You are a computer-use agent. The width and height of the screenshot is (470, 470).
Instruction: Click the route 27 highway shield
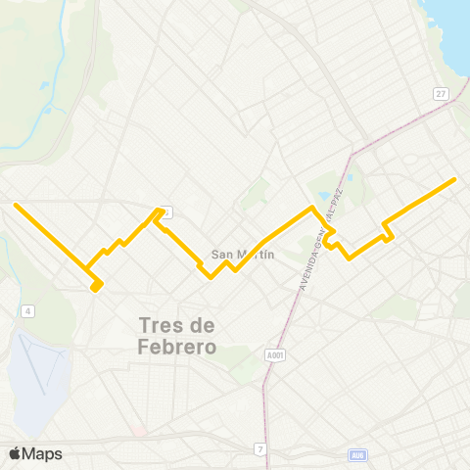click(x=442, y=93)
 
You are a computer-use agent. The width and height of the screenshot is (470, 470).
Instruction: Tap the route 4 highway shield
click(x=28, y=311)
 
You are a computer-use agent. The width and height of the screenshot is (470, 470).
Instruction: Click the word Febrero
click(x=177, y=348)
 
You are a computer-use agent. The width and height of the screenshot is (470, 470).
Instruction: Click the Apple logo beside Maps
click(x=15, y=453)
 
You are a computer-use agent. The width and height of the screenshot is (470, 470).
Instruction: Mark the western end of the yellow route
click(x=15, y=206)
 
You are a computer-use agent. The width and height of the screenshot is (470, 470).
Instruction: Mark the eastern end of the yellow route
click(x=455, y=179)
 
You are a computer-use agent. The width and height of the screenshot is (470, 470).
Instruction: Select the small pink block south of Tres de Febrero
click(x=140, y=430)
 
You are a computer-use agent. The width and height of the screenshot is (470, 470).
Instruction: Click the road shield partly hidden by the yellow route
click(x=166, y=211)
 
